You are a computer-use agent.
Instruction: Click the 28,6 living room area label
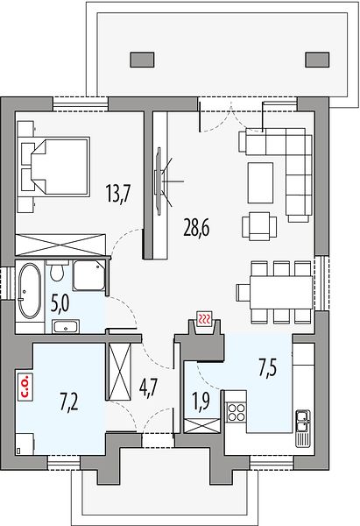(x=196, y=229)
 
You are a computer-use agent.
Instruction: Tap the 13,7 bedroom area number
(x=118, y=194)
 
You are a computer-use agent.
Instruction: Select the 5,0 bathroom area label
(x=60, y=304)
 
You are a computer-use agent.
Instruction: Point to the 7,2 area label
(x=69, y=402)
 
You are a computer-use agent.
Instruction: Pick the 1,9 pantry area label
(x=201, y=401)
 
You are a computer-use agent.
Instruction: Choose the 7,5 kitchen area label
(x=267, y=368)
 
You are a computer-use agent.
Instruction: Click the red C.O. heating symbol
(x=25, y=386)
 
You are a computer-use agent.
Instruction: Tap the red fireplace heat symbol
(x=204, y=317)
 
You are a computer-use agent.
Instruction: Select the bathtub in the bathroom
(x=30, y=290)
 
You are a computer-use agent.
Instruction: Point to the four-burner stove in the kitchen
(x=236, y=412)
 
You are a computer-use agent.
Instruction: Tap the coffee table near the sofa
(x=260, y=182)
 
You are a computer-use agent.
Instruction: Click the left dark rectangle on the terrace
(x=142, y=60)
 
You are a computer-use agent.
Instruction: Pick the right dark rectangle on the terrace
(x=317, y=60)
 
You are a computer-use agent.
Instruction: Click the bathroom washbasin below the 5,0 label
(x=66, y=326)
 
